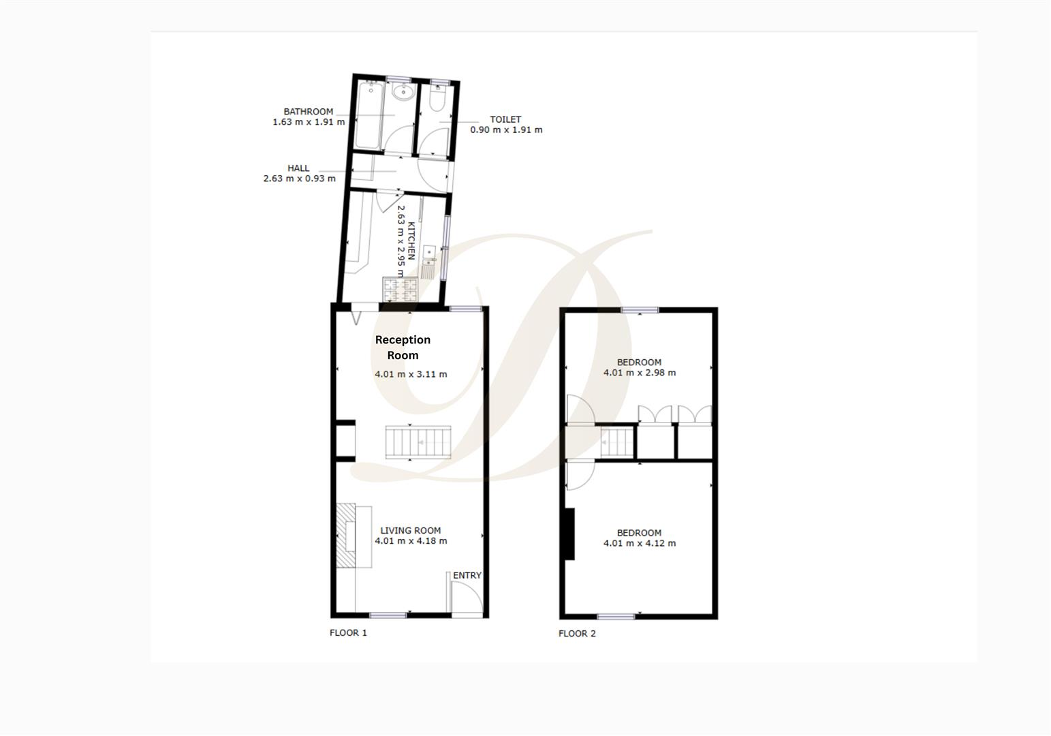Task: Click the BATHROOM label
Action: [309, 112]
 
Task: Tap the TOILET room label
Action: [505, 119]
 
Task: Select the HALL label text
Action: [298, 168]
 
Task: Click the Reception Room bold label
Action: [403, 348]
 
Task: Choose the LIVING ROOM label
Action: [410, 530]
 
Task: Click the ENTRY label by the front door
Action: [467, 575]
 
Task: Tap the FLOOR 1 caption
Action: [348, 632]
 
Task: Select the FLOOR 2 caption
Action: [577, 633]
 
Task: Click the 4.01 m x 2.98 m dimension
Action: [640, 373]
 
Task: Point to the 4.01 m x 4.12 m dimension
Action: [640, 543]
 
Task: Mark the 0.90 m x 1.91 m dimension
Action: [506, 129]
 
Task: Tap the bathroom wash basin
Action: [403, 93]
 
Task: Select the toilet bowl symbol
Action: [437, 99]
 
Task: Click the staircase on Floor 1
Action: [418, 442]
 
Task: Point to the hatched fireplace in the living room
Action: [345, 536]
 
